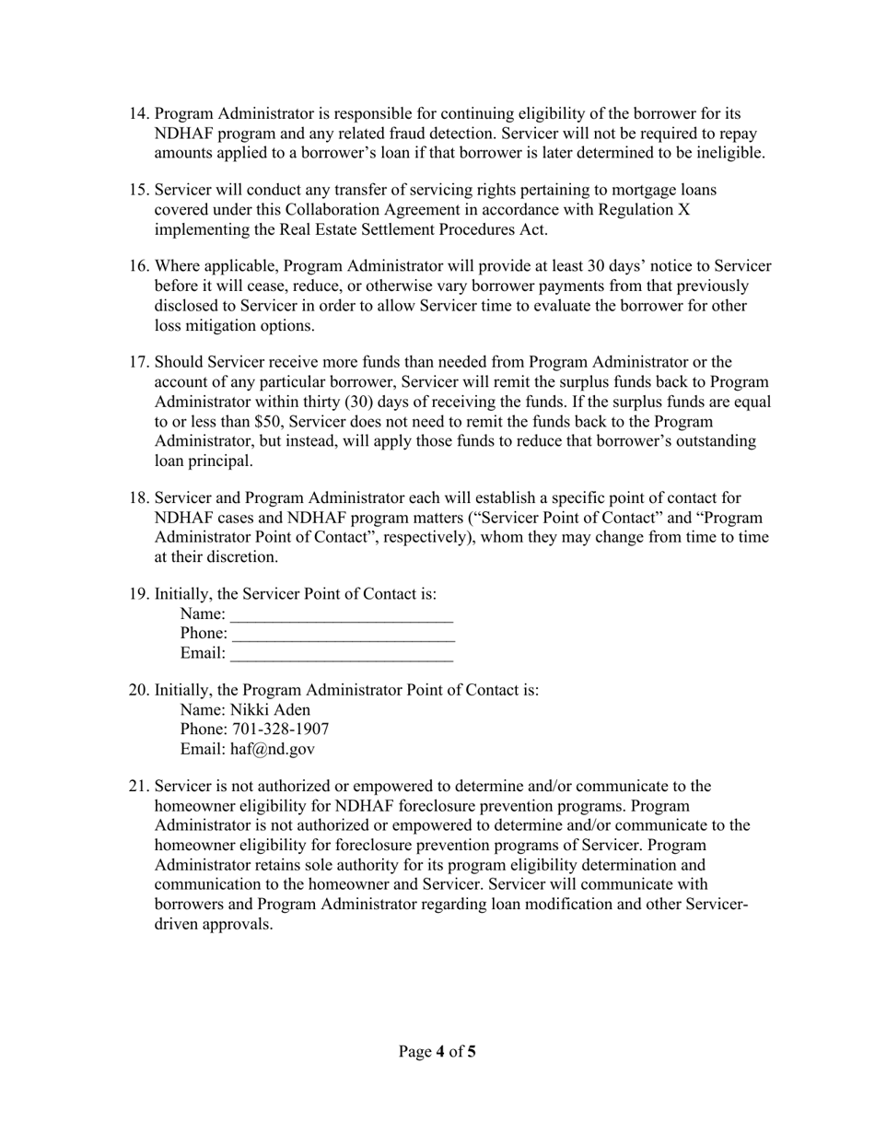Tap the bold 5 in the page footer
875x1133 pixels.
pyautogui.click(x=472, y=1051)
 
